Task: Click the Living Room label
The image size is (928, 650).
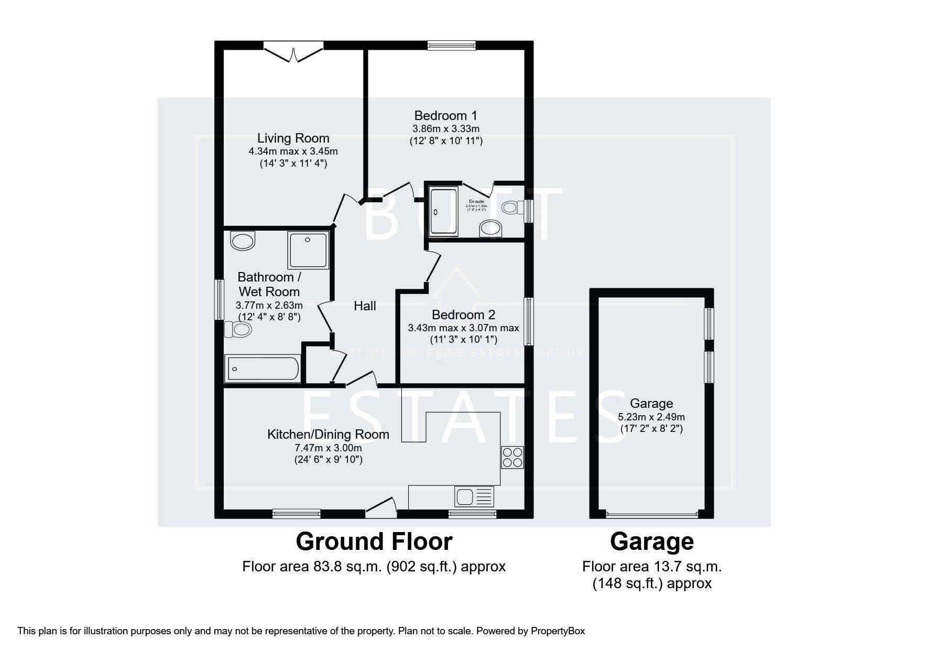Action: click(x=293, y=138)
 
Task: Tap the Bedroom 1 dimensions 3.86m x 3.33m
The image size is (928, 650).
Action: click(x=445, y=129)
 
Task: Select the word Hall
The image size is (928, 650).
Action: click(x=365, y=306)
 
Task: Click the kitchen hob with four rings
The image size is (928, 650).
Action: click(x=512, y=457)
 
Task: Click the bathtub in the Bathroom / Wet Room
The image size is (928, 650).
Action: click(x=262, y=369)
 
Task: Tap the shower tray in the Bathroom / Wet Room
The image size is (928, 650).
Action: click(x=308, y=250)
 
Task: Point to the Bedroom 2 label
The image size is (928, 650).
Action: click(x=463, y=315)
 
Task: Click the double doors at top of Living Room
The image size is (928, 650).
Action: click(x=293, y=52)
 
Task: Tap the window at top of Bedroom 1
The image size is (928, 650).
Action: click(x=451, y=46)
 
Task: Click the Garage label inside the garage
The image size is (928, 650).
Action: click(x=651, y=404)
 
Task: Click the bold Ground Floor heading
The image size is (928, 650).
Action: click(x=374, y=542)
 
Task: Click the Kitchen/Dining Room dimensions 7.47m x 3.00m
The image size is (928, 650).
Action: click(x=328, y=448)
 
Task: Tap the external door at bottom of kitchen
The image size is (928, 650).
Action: click(x=381, y=507)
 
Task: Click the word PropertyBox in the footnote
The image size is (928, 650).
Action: click(x=558, y=631)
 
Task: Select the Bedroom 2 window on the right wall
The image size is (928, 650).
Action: click(x=529, y=321)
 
